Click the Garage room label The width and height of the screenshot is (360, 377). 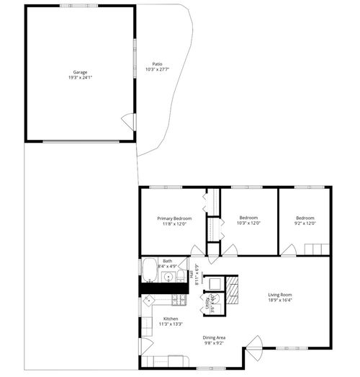tap(80, 71)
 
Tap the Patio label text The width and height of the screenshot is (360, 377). tap(157, 63)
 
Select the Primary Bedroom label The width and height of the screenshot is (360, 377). tap(174, 218)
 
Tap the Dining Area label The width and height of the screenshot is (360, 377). tap(214, 337)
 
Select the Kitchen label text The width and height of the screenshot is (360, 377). tap(171, 319)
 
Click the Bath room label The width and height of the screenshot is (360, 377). tap(167, 261)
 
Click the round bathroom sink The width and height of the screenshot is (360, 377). tap(168, 276)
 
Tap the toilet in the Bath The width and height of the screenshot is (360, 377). tap(181, 275)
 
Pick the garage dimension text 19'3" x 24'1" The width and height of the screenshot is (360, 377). tap(80, 77)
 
